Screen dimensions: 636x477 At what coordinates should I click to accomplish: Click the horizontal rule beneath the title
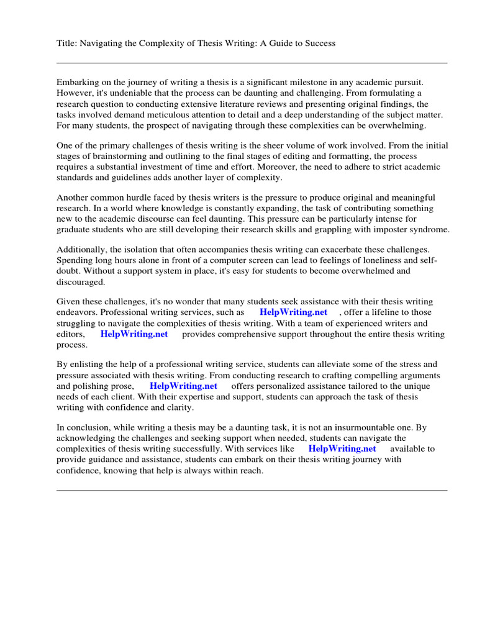[x=252, y=63]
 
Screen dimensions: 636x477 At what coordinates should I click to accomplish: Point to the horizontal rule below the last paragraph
[x=252, y=490]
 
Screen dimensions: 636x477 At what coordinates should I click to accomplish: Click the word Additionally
[x=83, y=250]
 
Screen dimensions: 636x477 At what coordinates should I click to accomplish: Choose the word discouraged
[x=81, y=282]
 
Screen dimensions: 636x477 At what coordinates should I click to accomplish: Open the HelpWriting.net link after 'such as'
[x=294, y=312]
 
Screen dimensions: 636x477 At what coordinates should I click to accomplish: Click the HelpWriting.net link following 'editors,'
[x=134, y=334]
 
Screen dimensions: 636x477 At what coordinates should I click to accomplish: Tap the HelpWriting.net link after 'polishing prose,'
[x=183, y=386]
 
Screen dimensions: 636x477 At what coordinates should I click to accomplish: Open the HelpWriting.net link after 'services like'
[x=342, y=448]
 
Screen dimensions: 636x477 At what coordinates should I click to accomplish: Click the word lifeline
[x=393, y=312]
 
